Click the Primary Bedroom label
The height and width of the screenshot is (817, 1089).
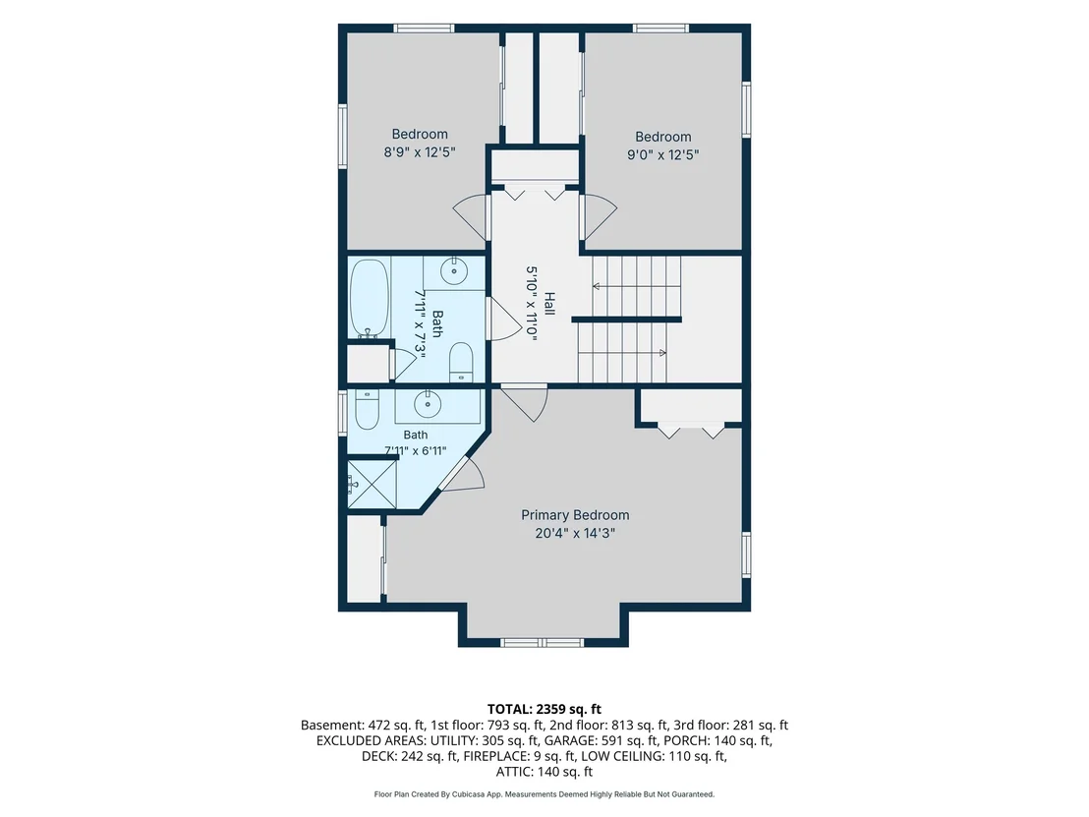tap(575, 515)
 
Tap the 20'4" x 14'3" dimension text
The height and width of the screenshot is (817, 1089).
tap(575, 534)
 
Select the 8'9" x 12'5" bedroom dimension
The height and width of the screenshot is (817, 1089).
tap(420, 152)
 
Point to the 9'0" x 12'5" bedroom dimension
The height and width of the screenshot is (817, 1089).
tap(662, 154)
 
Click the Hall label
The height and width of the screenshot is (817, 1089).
tap(549, 304)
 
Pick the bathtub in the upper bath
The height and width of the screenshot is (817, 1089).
tap(369, 299)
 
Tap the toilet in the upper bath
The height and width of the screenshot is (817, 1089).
tap(461, 362)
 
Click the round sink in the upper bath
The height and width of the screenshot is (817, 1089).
tap(454, 269)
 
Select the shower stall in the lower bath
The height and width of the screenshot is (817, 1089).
tap(372, 485)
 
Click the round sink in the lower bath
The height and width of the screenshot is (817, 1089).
tap(428, 403)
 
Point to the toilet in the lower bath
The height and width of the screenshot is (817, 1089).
tap(367, 410)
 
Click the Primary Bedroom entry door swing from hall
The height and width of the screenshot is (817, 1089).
tap(525, 402)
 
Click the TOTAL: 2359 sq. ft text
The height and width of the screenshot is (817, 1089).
tap(544, 709)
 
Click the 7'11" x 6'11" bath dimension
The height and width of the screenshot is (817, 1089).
tap(416, 450)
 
